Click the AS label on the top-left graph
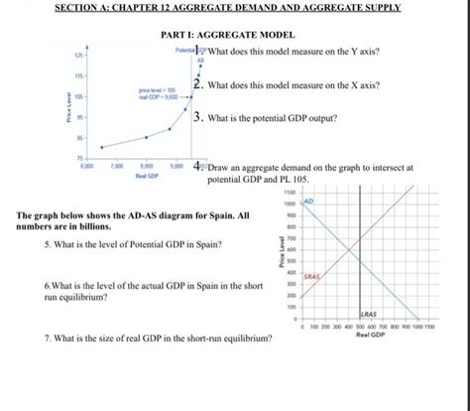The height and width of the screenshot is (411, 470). (x=197, y=60)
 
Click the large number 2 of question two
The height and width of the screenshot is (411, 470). (x=199, y=84)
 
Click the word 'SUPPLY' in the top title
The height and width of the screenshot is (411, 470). (x=380, y=8)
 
